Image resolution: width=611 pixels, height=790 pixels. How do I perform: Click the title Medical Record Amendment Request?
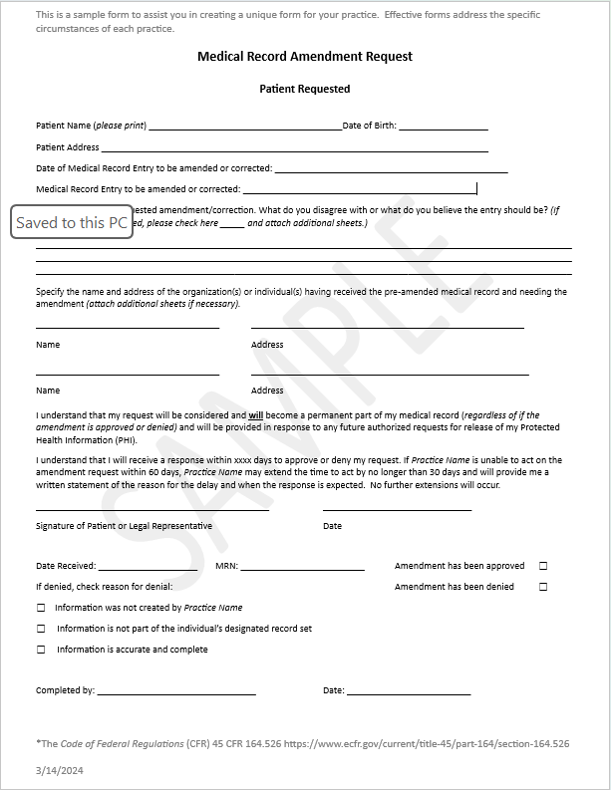[x=304, y=57]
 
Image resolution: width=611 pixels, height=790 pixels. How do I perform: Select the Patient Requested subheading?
[x=304, y=89]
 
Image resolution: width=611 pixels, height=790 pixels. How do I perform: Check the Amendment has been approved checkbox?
[x=543, y=566]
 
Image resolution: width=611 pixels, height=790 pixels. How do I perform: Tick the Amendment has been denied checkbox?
[x=543, y=587]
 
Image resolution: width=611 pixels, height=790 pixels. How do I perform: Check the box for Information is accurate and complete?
[x=41, y=650]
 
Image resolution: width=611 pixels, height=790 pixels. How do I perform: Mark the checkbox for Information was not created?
[x=41, y=608]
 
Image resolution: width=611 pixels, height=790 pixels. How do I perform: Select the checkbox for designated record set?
[x=41, y=629]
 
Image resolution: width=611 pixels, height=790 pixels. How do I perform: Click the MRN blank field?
[x=302, y=568]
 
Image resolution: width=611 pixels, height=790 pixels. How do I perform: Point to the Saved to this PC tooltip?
[x=72, y=222]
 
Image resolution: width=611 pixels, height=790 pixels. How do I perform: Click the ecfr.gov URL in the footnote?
[x=427, y=744]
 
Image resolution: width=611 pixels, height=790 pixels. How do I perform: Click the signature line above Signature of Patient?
[x=153, y=509]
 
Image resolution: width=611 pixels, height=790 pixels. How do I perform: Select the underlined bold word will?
[x=256, y=413]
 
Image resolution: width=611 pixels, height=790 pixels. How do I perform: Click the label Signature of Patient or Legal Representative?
[x=124, y=526]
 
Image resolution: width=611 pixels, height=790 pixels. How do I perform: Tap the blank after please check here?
[x=231, y=225]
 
